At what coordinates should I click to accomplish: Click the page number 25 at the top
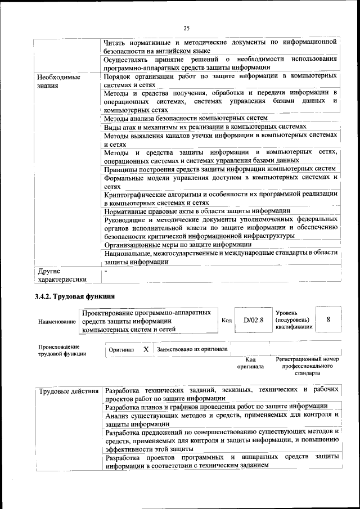point(186,29)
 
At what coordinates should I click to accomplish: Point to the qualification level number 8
point(328,320)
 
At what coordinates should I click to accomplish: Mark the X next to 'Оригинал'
point(146,349)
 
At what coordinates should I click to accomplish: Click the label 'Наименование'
point(57,321)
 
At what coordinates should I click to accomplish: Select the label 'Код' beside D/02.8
point(227,321)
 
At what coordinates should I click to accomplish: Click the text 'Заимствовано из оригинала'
point(192,349)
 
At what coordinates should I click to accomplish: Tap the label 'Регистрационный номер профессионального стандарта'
point(307,366)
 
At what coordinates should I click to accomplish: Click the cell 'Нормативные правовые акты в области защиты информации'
point(197,211)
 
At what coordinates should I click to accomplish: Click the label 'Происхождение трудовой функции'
point(62,350)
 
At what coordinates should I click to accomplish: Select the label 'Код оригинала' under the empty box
point(251,362)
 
